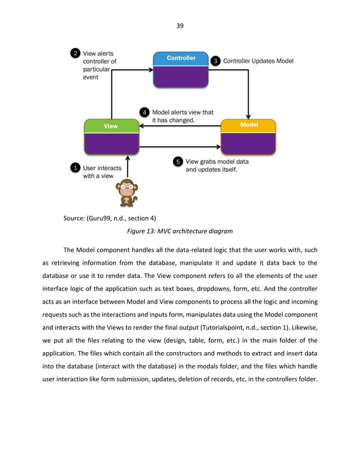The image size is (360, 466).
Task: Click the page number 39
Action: click(180, 25)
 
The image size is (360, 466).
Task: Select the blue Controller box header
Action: click(181, 58)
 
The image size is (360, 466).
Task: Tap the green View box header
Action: click(111, 126)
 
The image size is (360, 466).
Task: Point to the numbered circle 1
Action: click(74, 168)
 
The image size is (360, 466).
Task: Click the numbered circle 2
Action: click(74, 54)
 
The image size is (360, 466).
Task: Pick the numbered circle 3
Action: click(215, 60)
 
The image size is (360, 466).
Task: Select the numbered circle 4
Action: click(144, 112)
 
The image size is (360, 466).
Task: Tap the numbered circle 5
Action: click(178, 162)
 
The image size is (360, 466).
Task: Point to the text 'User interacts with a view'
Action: click(98, 172)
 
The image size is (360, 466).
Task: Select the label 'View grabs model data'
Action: click(217, 161)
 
